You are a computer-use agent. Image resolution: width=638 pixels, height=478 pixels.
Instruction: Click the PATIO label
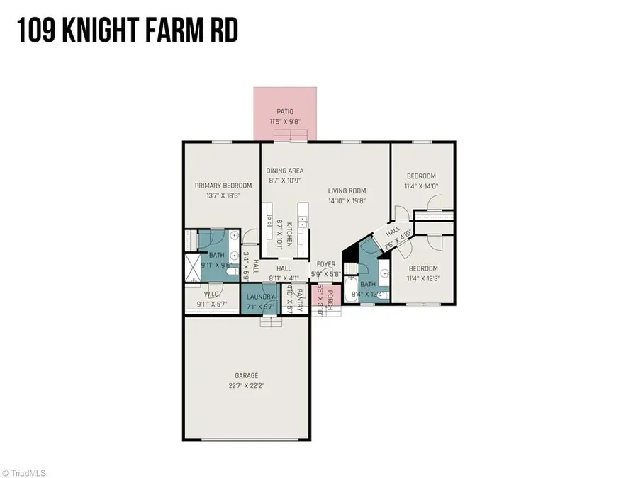click(x=285, y=112)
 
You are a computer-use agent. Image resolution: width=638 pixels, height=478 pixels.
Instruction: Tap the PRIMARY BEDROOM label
click(x=223, y=186)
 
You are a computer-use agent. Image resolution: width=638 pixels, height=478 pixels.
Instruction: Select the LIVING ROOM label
click(x=347, y=190)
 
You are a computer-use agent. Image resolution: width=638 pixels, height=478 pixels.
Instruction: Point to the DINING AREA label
click(x=285, y=171)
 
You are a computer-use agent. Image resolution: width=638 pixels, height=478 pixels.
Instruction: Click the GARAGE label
click(x=247, y=375)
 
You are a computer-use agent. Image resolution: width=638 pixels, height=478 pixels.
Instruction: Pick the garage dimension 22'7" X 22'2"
click(x=247, y=386)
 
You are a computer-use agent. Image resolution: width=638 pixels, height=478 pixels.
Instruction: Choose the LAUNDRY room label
click(x=260, y=297)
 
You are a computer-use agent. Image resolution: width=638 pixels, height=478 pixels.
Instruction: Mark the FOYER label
click(x=326, y=264)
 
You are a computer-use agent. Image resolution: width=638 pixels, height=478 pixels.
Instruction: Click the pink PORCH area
click(x=323, y=302)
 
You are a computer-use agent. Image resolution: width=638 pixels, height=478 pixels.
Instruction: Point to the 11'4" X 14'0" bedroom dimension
click(x=420, y=187)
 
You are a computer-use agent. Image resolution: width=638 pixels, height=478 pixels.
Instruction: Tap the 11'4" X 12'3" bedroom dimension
click(x=422, y=278)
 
